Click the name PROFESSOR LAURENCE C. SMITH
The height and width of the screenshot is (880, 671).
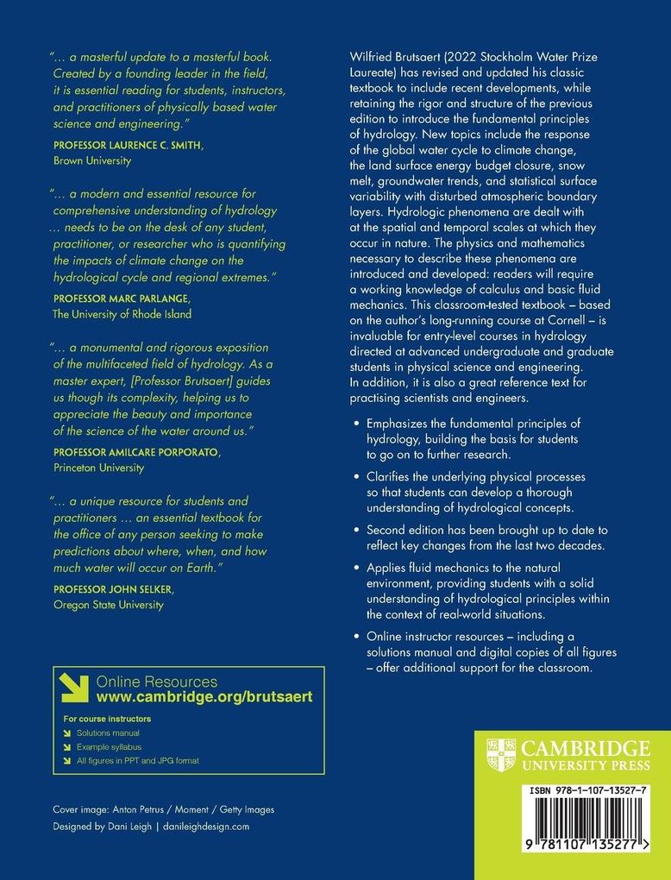coord(129,146)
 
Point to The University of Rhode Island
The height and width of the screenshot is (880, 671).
coord(122,314)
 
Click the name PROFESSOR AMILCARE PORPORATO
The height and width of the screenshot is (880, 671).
coord(136,453)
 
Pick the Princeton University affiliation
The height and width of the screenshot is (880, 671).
coord(98,468)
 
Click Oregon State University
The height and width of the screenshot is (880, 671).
coord(108,604)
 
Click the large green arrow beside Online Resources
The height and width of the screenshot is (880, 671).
coord(75,688)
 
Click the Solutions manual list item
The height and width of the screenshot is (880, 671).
coord(108,732)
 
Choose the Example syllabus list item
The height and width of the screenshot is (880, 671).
coord(110,746)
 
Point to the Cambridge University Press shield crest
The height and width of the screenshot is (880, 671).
coord(501,753)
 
